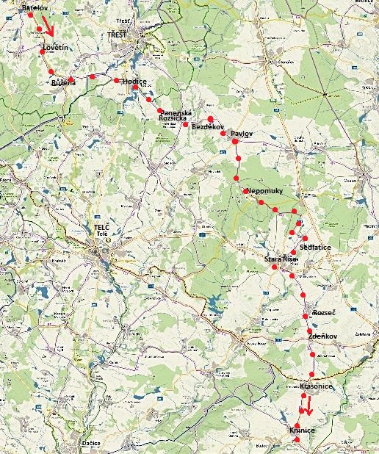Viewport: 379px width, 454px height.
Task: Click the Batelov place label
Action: (35, 7)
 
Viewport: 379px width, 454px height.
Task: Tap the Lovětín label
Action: (56, 48)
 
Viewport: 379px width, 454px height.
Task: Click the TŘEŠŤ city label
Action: (117, 35)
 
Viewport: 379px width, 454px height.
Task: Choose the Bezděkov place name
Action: (206, 127)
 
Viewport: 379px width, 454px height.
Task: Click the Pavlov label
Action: (242, 133)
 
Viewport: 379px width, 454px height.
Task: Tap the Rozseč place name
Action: (324, 312)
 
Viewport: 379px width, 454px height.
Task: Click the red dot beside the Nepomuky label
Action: (246, 191)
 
